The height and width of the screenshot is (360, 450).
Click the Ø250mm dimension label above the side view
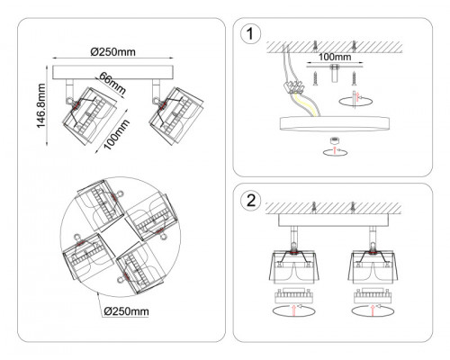(112, 52)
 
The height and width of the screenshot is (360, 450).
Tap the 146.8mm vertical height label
(40, 105)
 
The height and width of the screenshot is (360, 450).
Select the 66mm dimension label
(112, 83)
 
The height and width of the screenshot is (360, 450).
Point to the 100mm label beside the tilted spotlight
(117, 134)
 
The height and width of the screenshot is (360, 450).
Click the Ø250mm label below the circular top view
(126, 311)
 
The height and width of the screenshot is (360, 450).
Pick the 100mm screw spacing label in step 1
(335, 57)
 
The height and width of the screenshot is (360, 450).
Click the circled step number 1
(251, 34)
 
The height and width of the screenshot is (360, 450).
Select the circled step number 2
(251, 201)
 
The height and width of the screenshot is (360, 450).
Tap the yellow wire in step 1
(306, 104)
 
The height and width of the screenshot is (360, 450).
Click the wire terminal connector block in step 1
(296, 86)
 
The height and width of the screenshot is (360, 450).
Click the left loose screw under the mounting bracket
(315, 78)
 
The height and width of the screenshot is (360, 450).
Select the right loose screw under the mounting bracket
(355, 78)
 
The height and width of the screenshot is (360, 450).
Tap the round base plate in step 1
(335, 123)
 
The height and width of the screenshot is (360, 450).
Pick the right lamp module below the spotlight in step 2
(373, 296)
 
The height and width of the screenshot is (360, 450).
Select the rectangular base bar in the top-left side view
(113, 73)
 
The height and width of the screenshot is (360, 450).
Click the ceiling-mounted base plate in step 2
(334, 220)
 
